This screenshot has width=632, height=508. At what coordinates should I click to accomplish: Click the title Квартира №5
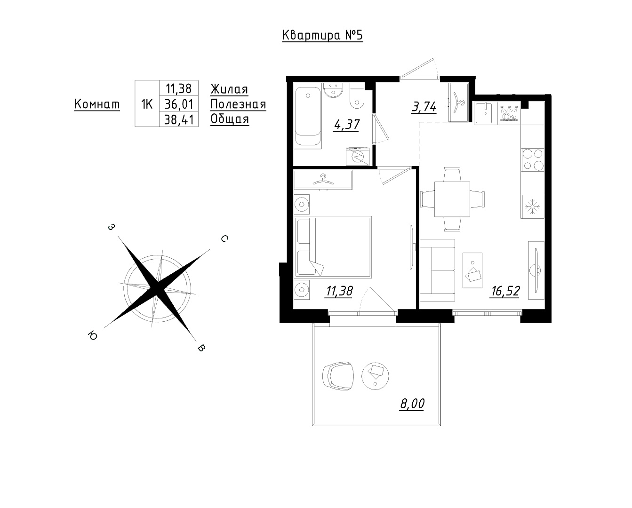(x=322, y=36)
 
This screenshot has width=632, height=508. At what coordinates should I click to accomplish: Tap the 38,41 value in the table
(x=179, y=119)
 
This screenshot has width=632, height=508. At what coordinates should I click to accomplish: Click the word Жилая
(x=229, y=89)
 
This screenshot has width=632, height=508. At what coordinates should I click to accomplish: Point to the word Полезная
(x=238, y=104)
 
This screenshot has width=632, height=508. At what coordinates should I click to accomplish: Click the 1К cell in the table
(x=147, y=104)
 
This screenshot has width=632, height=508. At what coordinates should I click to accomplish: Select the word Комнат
(x=97, y=104)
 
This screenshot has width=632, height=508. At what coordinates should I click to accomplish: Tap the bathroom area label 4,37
(x=346, y=125)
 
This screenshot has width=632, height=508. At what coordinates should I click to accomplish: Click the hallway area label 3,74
(x=424, y=107)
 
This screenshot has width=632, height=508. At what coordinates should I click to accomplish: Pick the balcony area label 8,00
(x=412, y=404)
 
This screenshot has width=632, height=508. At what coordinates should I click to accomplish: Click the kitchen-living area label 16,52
(x=505, y=291)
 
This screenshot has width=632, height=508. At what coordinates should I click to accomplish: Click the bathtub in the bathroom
(x=308, y=116)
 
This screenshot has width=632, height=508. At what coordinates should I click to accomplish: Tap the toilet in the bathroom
(x=357, y=96)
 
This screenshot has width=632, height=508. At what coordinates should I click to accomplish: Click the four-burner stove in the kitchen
(x=532, y=160)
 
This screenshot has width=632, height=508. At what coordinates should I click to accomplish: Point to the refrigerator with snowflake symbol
(x=532, y=206)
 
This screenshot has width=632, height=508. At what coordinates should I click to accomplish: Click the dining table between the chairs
(x=452, y=199)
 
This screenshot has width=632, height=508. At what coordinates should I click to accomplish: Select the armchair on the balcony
(x=338, y=376)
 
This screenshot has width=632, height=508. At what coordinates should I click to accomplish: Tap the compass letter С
(x=224, y=239)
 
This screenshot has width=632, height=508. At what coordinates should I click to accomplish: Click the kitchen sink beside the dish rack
(x=486, y=113)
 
